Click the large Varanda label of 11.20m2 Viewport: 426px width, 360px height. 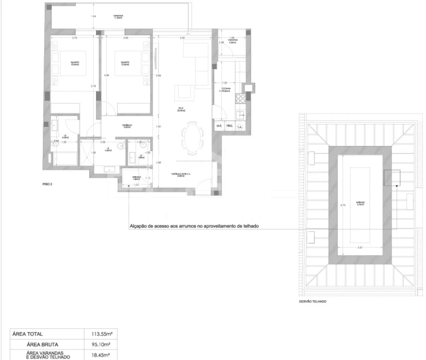click(118, 16)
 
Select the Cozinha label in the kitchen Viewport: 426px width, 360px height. click(225, 90)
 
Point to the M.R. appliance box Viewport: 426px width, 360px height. click(218, 126)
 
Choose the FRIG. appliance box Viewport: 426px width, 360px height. click(229, 126)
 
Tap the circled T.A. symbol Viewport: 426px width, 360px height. click(240, 126)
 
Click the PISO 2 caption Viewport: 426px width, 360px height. click(47, 184)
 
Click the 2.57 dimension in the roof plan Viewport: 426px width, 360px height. click(359, 247)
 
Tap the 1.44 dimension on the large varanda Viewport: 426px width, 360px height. click(93, 16)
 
